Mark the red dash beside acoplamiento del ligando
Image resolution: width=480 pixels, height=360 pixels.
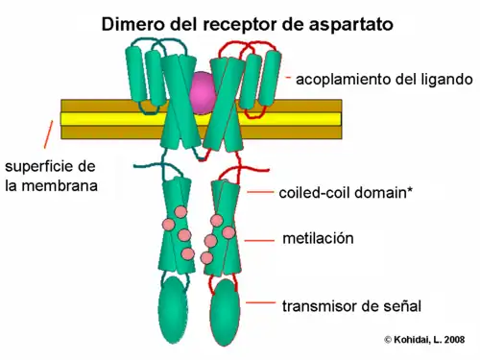coord(289,77)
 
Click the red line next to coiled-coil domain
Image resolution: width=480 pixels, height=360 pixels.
coord(260,192)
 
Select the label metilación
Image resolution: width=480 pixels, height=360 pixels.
coord(320,237)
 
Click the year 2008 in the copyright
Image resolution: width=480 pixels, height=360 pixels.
coord(457,339)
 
